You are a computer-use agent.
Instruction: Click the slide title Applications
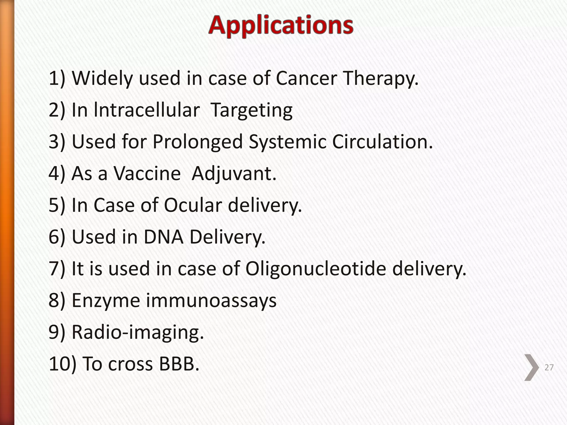pos(281,25)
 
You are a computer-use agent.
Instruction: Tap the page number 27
pos(549,367)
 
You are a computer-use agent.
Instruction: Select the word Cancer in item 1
pos(306,78)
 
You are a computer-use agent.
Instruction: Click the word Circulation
pos(382,142)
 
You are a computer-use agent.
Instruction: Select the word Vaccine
pos(148,173)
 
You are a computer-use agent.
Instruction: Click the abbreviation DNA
pos(164,237)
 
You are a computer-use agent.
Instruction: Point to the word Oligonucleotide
pos(316,269)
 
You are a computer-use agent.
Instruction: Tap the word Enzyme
pos(106,301)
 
